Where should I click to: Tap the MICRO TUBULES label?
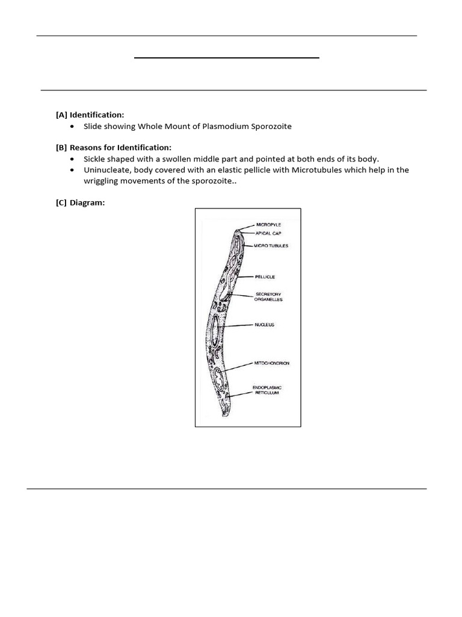[271, 246]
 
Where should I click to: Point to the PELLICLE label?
[265, 277]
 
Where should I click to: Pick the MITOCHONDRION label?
[272, 363]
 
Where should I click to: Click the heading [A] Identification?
[90, 114]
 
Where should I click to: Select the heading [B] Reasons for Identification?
[113, 148]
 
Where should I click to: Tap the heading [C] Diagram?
[80, 203]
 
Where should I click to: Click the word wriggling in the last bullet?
[102, 181]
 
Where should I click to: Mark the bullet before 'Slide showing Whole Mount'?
[72, 127]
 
